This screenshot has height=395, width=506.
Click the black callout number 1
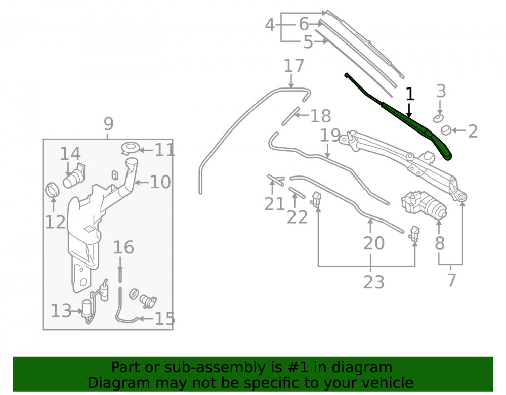coord(410,94)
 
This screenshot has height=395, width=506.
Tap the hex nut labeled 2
coord(446,130)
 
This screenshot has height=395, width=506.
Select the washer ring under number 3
coord(438,118)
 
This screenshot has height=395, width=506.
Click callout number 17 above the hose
coord(293,66)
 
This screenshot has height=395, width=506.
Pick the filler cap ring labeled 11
coord(131,148)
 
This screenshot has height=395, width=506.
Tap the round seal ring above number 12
coord(52,190)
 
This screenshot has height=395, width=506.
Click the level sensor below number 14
coord(74,175)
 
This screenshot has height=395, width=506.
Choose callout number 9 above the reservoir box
coord(109,124)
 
